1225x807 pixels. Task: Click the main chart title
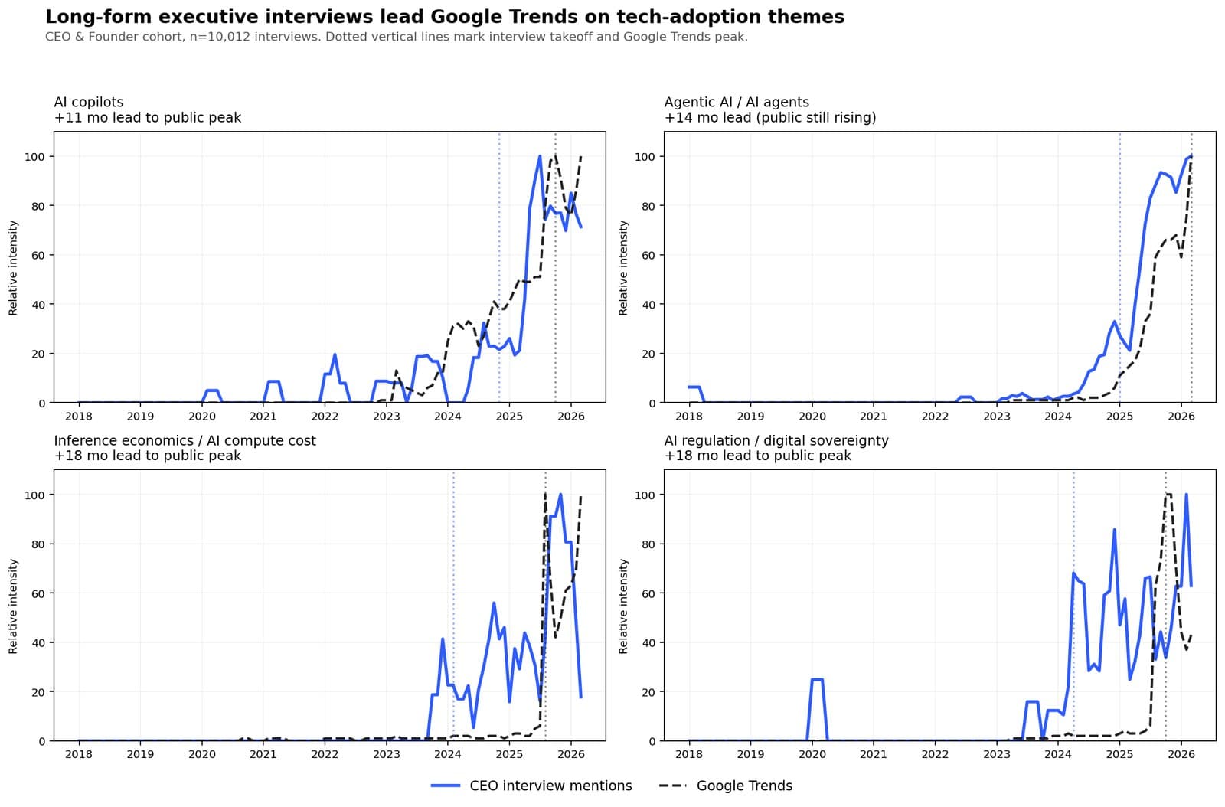tap(444, 17)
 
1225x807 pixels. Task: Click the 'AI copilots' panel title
tap(89, 102)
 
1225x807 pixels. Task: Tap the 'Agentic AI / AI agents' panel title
tap(736, 102)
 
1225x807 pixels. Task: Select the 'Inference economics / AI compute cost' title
tap(185, 440)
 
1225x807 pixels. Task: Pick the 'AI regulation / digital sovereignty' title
tap(776, 440)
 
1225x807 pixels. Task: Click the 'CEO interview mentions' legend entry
tap(550, 786)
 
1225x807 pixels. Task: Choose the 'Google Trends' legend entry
tap(743, 786)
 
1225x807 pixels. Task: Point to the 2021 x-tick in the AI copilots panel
tap(263, 417)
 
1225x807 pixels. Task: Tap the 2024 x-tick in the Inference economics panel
tap(447, 755)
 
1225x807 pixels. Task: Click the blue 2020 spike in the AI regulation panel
tap(817, 680)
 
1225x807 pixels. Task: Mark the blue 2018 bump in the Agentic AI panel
tap(694, 387)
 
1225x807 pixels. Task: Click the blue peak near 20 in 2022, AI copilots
tap(335, 355)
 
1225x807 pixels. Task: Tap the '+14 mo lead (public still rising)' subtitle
tap(769, 118)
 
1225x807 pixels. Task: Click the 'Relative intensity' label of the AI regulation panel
tap(623, 606)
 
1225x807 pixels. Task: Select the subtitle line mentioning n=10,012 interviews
tap(396, 37)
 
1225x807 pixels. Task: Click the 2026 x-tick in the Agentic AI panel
tap(1181, 417)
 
